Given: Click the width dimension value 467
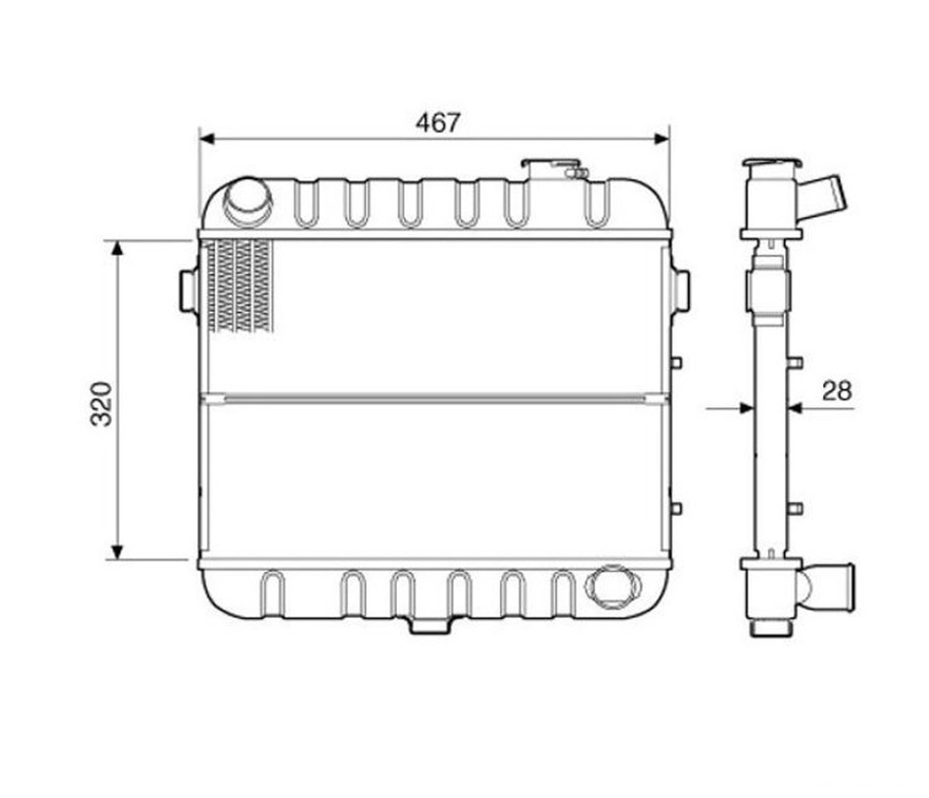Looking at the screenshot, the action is pos(438,123).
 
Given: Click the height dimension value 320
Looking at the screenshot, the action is pos(101,404).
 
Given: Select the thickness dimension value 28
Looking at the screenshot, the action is pos(837,391).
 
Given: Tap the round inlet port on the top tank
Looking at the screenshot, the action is pos(247,202).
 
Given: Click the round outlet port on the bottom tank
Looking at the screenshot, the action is pos(613,586).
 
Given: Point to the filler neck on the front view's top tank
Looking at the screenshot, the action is pos(551,169).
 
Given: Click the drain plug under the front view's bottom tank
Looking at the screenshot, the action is pos(430,625).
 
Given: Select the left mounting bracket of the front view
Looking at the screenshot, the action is pos(189,290).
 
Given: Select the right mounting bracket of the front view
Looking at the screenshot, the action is pos(680,290).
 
